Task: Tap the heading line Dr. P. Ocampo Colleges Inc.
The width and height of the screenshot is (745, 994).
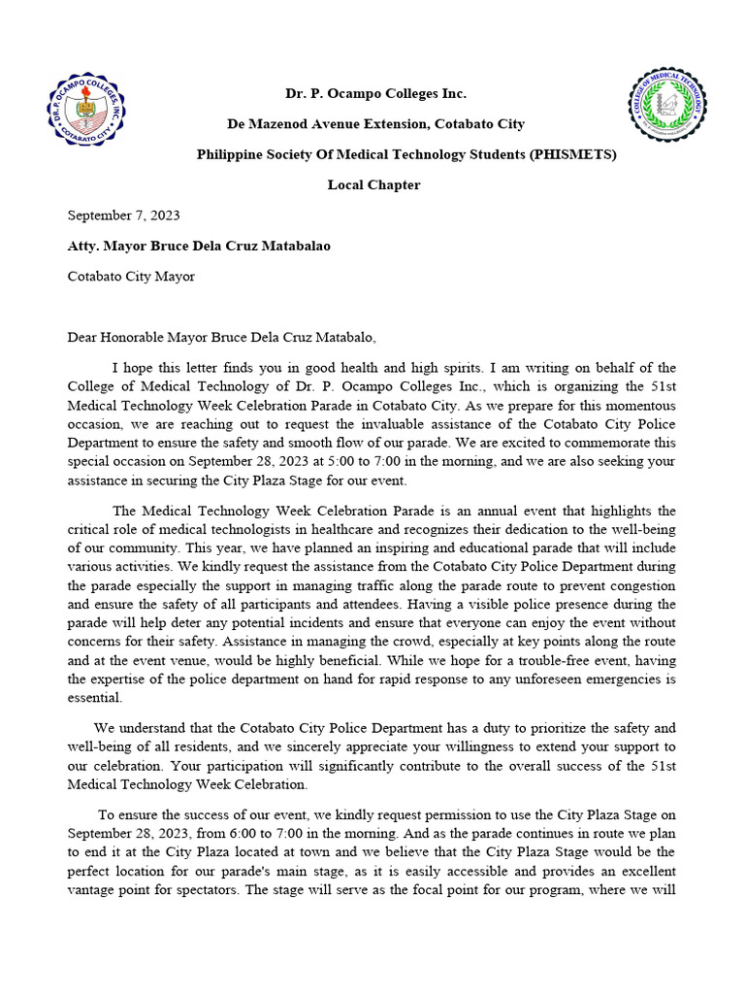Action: click(x=374, y=94)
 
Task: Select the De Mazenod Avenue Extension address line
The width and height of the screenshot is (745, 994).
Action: click(x=375, y=124)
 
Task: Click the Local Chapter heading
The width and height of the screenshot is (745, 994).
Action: click(x=373, y=184)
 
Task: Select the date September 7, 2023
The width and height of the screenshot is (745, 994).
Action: click(x=123, y=215)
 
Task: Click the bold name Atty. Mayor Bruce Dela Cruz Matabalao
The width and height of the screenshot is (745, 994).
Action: click(x=199, y=246)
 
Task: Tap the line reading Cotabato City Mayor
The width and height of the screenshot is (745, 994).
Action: click(x=131, y=277)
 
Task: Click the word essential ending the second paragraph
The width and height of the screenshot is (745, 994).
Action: click(x=95, y=697)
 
